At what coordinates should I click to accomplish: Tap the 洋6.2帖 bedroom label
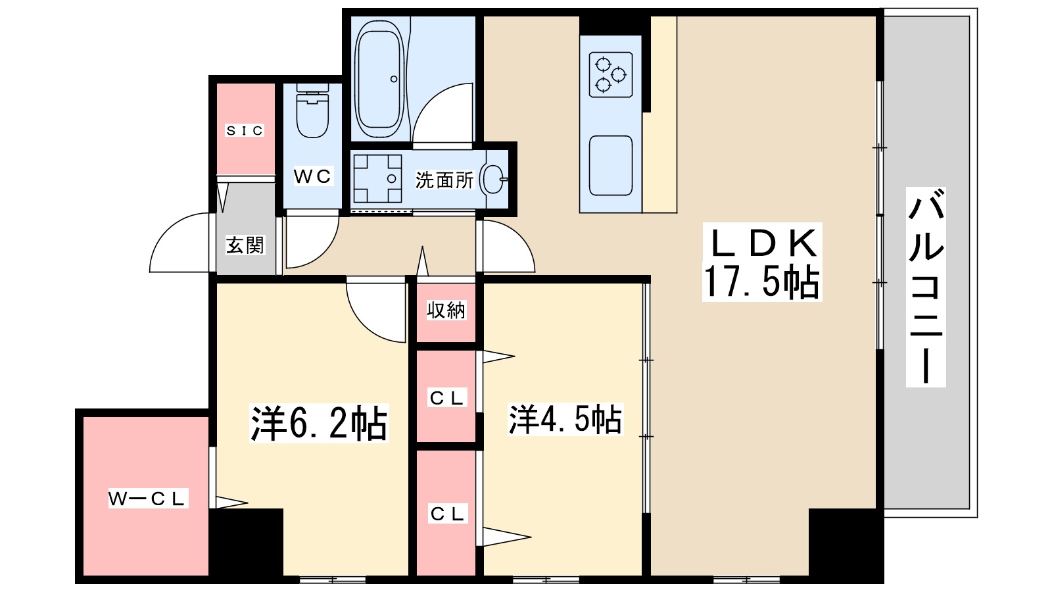(x=319, y=423)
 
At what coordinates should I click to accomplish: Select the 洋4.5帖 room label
(x=565, y=419)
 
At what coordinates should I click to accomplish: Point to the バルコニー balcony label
(x=926, y=286)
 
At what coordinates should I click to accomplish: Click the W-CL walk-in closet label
(x=148, y=499)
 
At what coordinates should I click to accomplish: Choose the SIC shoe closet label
(x=245, y=131)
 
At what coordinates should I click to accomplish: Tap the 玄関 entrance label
(x=245, y=245)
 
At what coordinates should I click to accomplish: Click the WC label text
(x=312, y=176)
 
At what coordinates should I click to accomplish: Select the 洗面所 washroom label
(x=444, y=180)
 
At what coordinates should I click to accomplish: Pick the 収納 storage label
(x=446, y=310)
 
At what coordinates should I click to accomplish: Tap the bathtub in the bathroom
(x=379, y=78)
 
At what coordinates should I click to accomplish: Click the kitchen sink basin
(x=611, y=166)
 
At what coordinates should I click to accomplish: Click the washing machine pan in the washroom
(x=377, y=178)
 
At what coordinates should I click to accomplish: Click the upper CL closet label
(x=447, y=398)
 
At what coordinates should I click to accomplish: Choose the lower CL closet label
(x=447, y=514)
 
